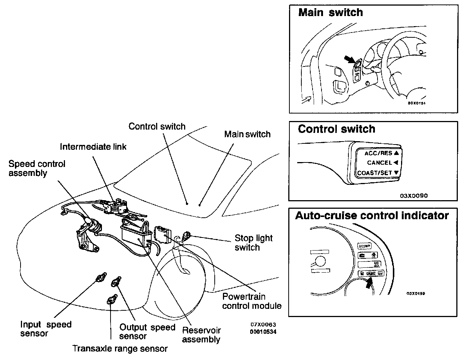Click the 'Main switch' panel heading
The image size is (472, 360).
pos(330,12)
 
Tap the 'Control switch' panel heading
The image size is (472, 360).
pos(336,129)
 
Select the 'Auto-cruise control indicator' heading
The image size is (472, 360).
pos(372,216)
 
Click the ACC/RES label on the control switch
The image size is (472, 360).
pos(378,153)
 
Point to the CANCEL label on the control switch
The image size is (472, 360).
pos(379,163)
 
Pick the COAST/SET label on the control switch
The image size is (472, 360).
pos(375,173)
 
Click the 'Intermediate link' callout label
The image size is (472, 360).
pos(93,147)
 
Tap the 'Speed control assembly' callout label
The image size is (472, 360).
pos(37,168)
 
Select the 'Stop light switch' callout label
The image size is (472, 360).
pos(254,243)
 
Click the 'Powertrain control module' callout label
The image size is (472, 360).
pos(252,301)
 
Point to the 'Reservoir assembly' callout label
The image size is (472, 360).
pos(201,335)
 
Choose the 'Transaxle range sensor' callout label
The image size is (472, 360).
pos(120,349)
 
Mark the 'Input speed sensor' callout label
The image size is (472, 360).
pos(46,329)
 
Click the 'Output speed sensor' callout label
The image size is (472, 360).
pos(147,332)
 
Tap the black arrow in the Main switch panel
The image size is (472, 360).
pos(348,60)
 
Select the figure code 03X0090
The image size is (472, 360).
pos(414,195)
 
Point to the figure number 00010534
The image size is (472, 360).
pos(263,331)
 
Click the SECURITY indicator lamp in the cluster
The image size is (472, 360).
pos(364,246)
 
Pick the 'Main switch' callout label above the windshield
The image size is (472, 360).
pos(247,134)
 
